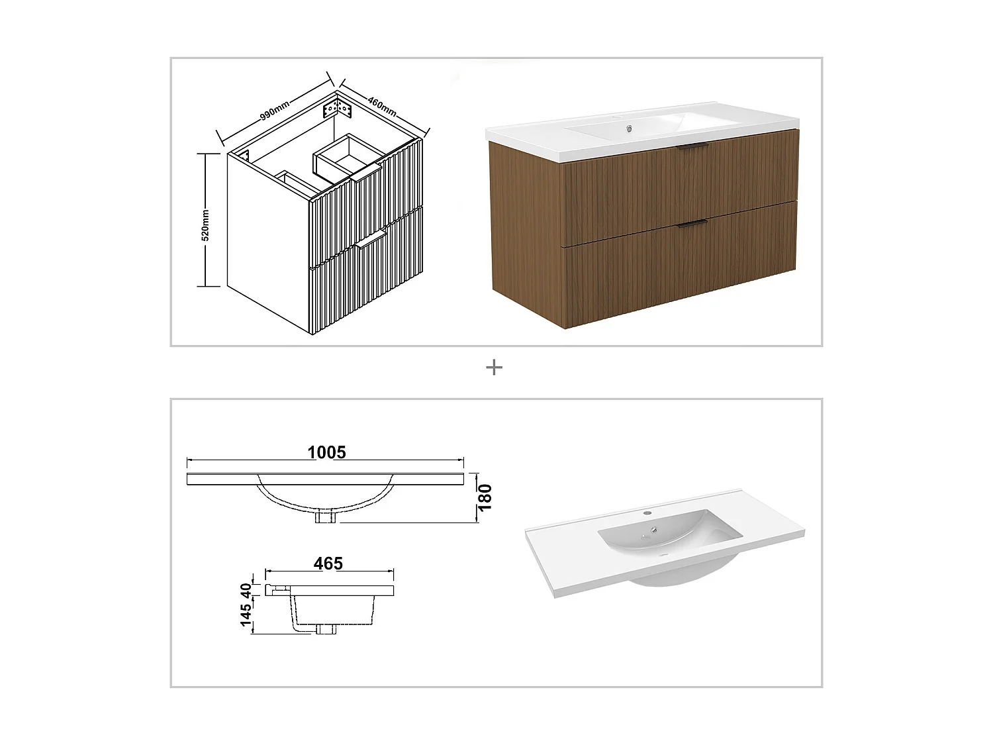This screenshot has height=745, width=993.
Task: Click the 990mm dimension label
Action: coord(274,110)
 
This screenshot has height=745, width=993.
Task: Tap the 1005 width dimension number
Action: coord(326,452)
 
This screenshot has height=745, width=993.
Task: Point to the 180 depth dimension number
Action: coord(485,497)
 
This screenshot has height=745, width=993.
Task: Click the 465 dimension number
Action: coord(328,563)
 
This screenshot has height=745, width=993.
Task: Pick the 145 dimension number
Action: coord(246,615)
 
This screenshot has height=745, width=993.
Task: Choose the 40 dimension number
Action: coord(246,590)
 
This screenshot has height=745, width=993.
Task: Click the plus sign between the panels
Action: coord(494,368)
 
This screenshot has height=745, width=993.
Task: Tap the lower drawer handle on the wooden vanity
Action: coord(692,224)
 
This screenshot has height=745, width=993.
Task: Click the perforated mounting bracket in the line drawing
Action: coord(336,109)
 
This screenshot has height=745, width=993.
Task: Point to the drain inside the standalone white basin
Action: coord(654,530)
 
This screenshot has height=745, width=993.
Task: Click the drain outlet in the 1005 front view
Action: coord(326,517)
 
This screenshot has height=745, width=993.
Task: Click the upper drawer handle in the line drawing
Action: coord(365,174)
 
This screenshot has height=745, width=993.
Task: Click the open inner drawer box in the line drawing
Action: coord(346,157)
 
